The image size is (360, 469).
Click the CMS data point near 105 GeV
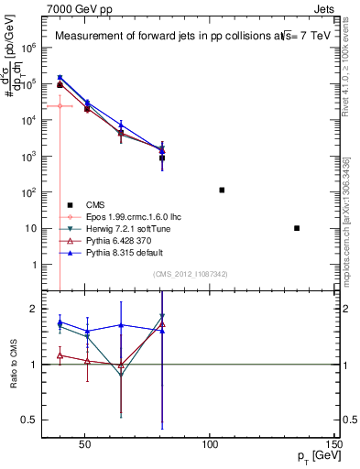pyautogui.click(x=222, y=190)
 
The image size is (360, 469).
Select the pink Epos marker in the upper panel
pyautogui.click(x=60, y=106)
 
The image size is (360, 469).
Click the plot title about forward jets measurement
pyautogui.click(x=185, y=37)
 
